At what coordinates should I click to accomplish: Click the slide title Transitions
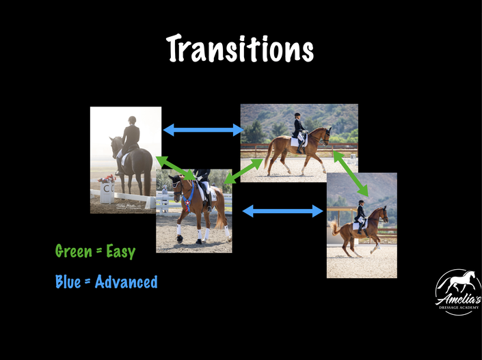(x=240, y=49)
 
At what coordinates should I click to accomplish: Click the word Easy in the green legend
(x=121, y=251)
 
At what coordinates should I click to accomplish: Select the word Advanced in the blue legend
(x=126, y=281)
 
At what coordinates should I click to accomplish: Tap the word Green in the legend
(x=74, y=251)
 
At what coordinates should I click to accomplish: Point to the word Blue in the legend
(x=68, y=281)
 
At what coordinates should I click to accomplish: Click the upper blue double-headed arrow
(x=203, y=130)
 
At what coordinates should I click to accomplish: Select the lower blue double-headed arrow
(x=282, y=211)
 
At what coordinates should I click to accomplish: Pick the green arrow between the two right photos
(x=351, y=174)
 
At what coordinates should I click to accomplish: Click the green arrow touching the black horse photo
(x=176, y=168)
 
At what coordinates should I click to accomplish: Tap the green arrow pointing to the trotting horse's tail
(x=243, y=171)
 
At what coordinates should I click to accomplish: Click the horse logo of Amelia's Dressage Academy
(x=458, y=292)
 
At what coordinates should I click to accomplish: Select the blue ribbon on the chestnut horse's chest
(x=188, y=198)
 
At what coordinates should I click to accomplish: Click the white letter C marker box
(x=107, y=192)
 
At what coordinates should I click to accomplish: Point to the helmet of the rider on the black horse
(x=132, y=119)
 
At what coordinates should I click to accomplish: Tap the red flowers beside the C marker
(x=107, y=178)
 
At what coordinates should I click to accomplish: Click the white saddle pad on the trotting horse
(x=298, y=141)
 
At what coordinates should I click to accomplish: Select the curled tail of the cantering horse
(x=334, y=227)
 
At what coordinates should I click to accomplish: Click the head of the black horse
(x=114, y=145)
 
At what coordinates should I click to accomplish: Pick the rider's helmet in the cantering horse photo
(x=361, y=202)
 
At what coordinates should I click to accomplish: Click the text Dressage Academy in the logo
(x=459, y=307)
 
